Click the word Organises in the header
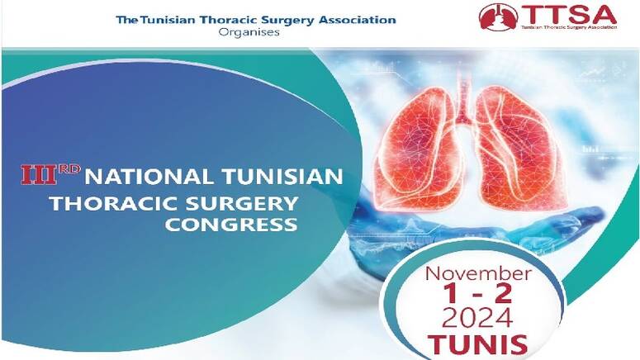click(249, 32)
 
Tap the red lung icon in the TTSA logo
click(498, 17)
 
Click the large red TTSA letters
click(569, 14)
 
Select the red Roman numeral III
click(39, 175)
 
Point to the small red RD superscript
click(69, 169)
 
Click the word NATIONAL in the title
click(149, 178)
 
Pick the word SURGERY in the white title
click(241, 203)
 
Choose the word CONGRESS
click(231, 225)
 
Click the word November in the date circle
click(478, 273)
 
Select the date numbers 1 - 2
click(477, 293)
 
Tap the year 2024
click(477, 319)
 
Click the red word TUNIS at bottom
click(477, 344)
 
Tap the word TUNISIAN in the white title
click(282, 178)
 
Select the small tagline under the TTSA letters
click(569, 27)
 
